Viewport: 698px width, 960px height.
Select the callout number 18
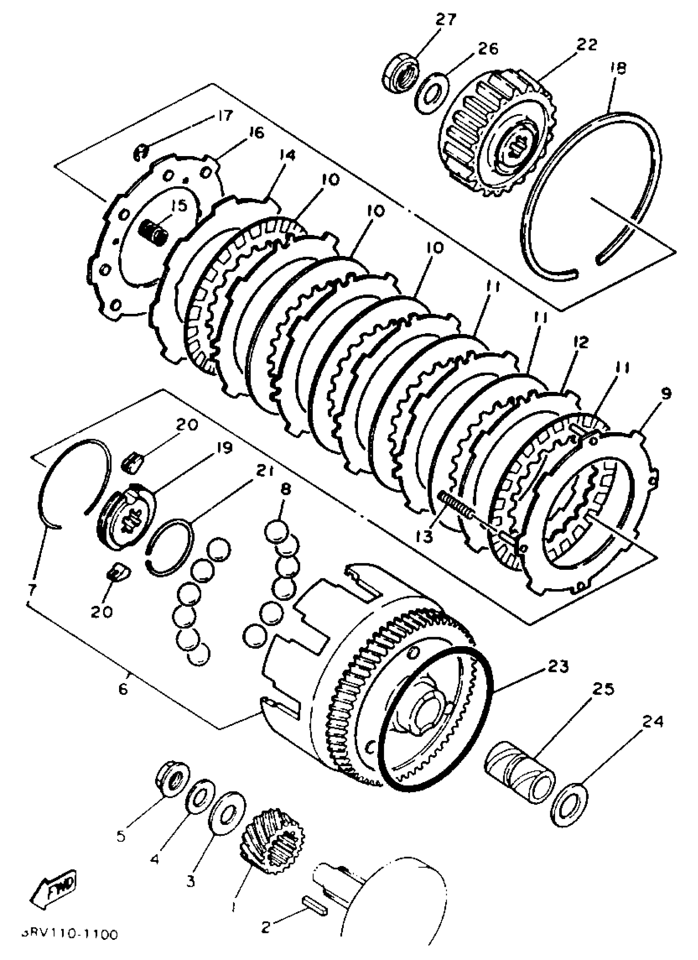[x=618, y=68]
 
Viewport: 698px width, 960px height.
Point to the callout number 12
[x=581, y=342]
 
